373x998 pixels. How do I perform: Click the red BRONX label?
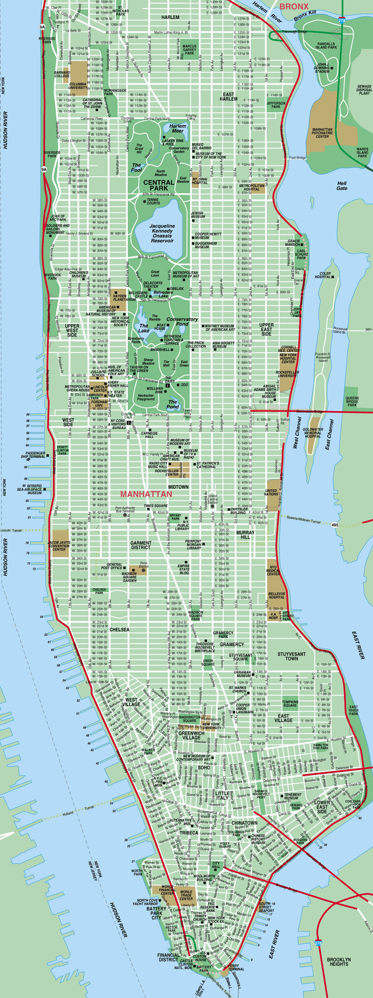pos(294,7)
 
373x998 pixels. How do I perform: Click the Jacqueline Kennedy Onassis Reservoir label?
pos(162,233)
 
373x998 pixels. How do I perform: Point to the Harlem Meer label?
pos(178,128)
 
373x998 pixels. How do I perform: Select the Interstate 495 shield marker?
pos(335,525)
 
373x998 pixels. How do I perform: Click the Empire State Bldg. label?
pos(184,569)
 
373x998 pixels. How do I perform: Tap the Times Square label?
pos(156,506)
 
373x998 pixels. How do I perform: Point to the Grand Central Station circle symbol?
pos(213,506)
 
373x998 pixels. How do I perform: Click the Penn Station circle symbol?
pos(144,570)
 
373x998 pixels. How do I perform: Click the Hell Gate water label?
pos(342,186)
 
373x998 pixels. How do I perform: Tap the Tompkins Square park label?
pos(290,703)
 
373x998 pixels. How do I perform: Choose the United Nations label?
pos(271,493)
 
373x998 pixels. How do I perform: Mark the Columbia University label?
pos(78,86)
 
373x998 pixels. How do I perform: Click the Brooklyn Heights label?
pos(338,961)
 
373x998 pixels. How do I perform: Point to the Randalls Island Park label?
pos(326,46)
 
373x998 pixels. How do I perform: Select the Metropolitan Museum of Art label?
pos(186,275)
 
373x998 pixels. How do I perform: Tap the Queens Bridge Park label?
pos(352,402)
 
